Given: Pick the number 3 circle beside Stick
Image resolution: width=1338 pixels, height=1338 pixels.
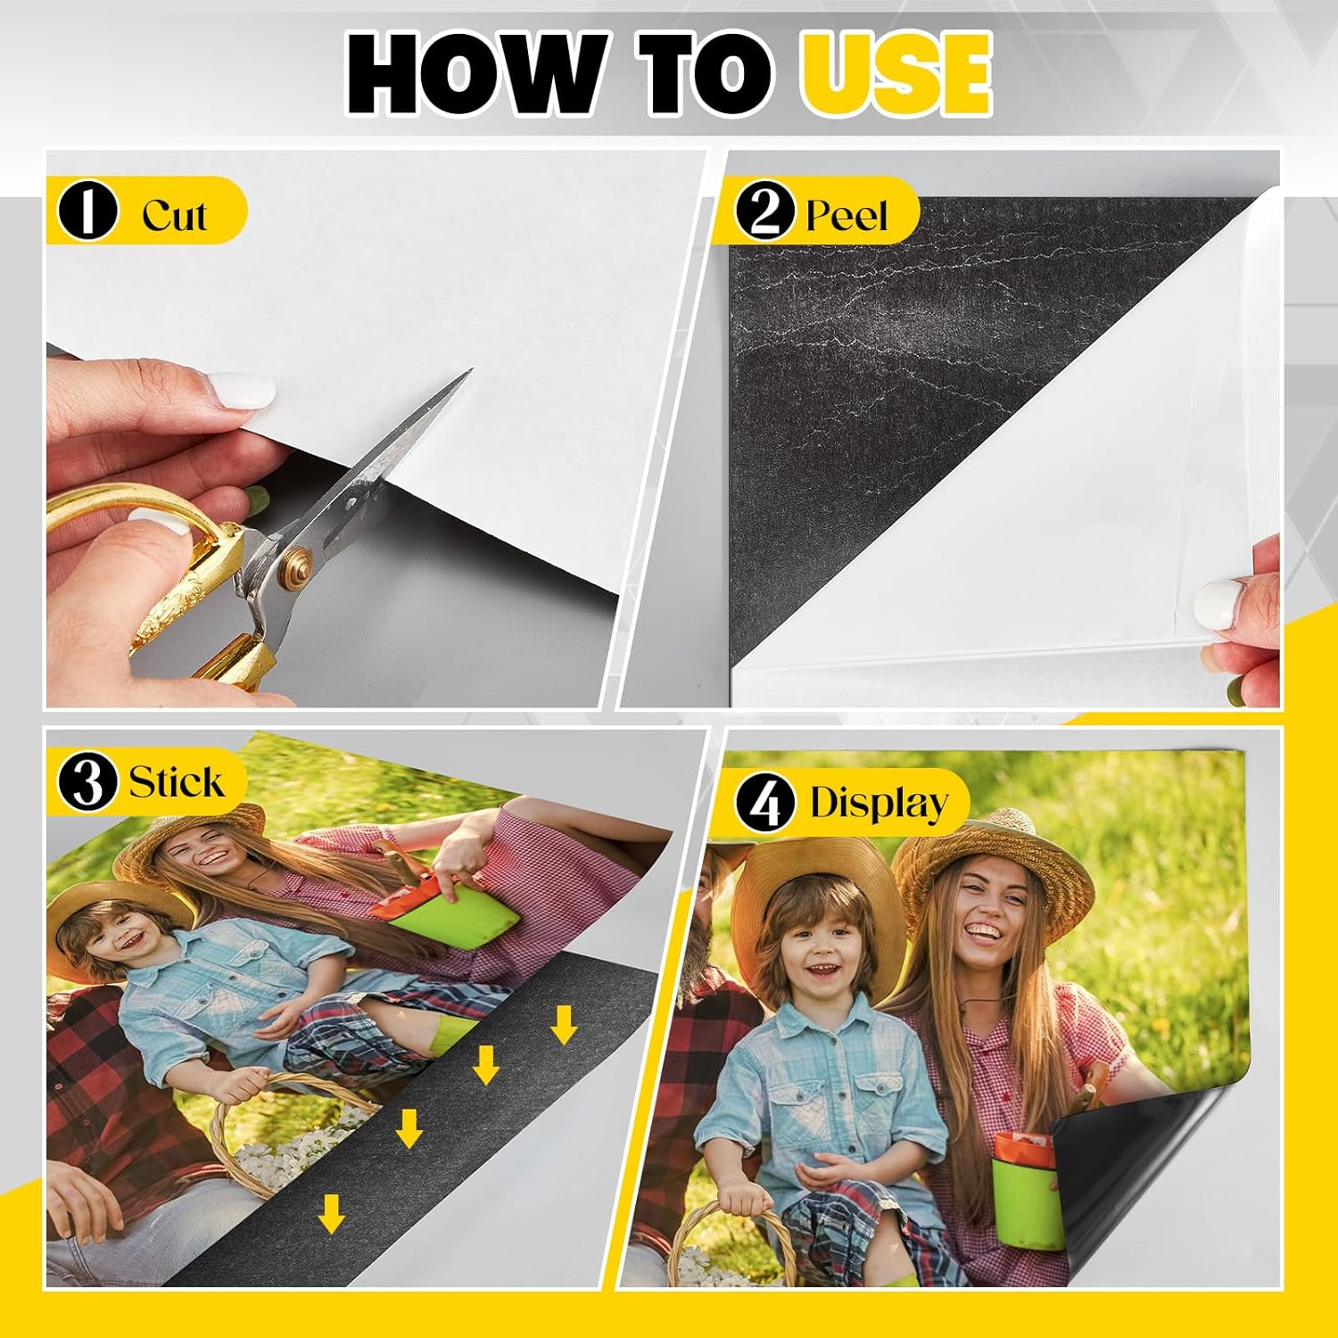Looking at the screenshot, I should [87, 782].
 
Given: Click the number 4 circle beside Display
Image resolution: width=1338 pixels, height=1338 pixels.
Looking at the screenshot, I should [765, 803].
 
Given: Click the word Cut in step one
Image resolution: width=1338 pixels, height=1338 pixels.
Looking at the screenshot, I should [174, 215].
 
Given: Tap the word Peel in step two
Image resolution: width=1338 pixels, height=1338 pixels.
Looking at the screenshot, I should [847, 216].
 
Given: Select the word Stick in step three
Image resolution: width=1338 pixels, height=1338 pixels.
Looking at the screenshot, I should [176, 782].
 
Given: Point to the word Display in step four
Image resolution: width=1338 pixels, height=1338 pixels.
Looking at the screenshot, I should [879, 803].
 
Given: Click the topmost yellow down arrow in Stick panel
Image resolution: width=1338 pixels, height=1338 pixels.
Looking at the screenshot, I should [563, 1024].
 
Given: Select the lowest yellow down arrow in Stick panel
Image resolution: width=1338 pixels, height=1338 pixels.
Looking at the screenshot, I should [331, 1213].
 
